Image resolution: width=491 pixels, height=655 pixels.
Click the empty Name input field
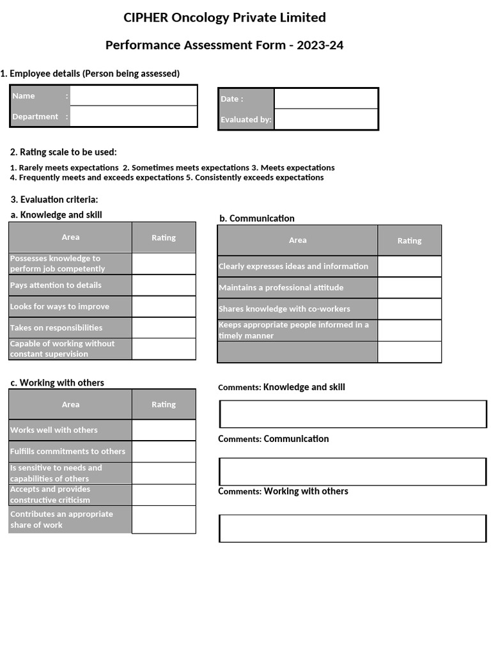click(133, 96)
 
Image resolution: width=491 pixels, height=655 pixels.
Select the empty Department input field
click(133, 116)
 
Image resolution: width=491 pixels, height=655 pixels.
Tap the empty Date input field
click(326, 99)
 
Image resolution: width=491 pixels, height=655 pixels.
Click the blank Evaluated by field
click(326, 119)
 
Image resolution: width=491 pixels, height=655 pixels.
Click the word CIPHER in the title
click(146, 17)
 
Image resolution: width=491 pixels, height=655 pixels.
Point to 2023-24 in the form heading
click(320, 45)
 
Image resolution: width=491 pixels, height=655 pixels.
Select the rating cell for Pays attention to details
click(164, 285)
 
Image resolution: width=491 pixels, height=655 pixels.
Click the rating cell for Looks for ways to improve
click(164, 306)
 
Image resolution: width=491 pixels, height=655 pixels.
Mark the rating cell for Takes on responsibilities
click(164, 327)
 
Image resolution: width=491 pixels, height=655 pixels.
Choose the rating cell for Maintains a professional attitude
click(409, 288)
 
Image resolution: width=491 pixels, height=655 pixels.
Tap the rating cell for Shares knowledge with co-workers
click(409, 309)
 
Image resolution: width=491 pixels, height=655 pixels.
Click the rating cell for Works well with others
click(164, 430)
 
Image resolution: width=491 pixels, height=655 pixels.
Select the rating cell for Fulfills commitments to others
click(164, 452)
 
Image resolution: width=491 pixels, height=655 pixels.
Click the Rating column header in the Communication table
click(409, 241)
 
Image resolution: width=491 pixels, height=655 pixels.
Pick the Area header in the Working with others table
click(70, 404)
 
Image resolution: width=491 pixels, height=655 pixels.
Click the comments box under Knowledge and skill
click(353, 414)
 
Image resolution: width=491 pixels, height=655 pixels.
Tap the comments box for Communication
click(353, 471)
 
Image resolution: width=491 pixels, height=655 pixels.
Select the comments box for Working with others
click(353, 528)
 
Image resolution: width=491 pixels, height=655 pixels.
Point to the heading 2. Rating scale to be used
click(63, 152)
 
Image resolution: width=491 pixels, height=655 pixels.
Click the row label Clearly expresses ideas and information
click(293, 266)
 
